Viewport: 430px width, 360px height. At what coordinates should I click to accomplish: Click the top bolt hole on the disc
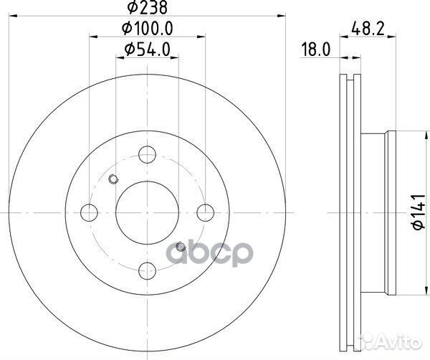147,154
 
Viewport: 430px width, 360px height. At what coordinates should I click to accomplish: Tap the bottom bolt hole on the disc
147,270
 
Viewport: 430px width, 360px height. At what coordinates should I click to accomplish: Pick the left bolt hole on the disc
90,212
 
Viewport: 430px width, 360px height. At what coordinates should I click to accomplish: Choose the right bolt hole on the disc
205,212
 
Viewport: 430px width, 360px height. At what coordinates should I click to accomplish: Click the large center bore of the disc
147,212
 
